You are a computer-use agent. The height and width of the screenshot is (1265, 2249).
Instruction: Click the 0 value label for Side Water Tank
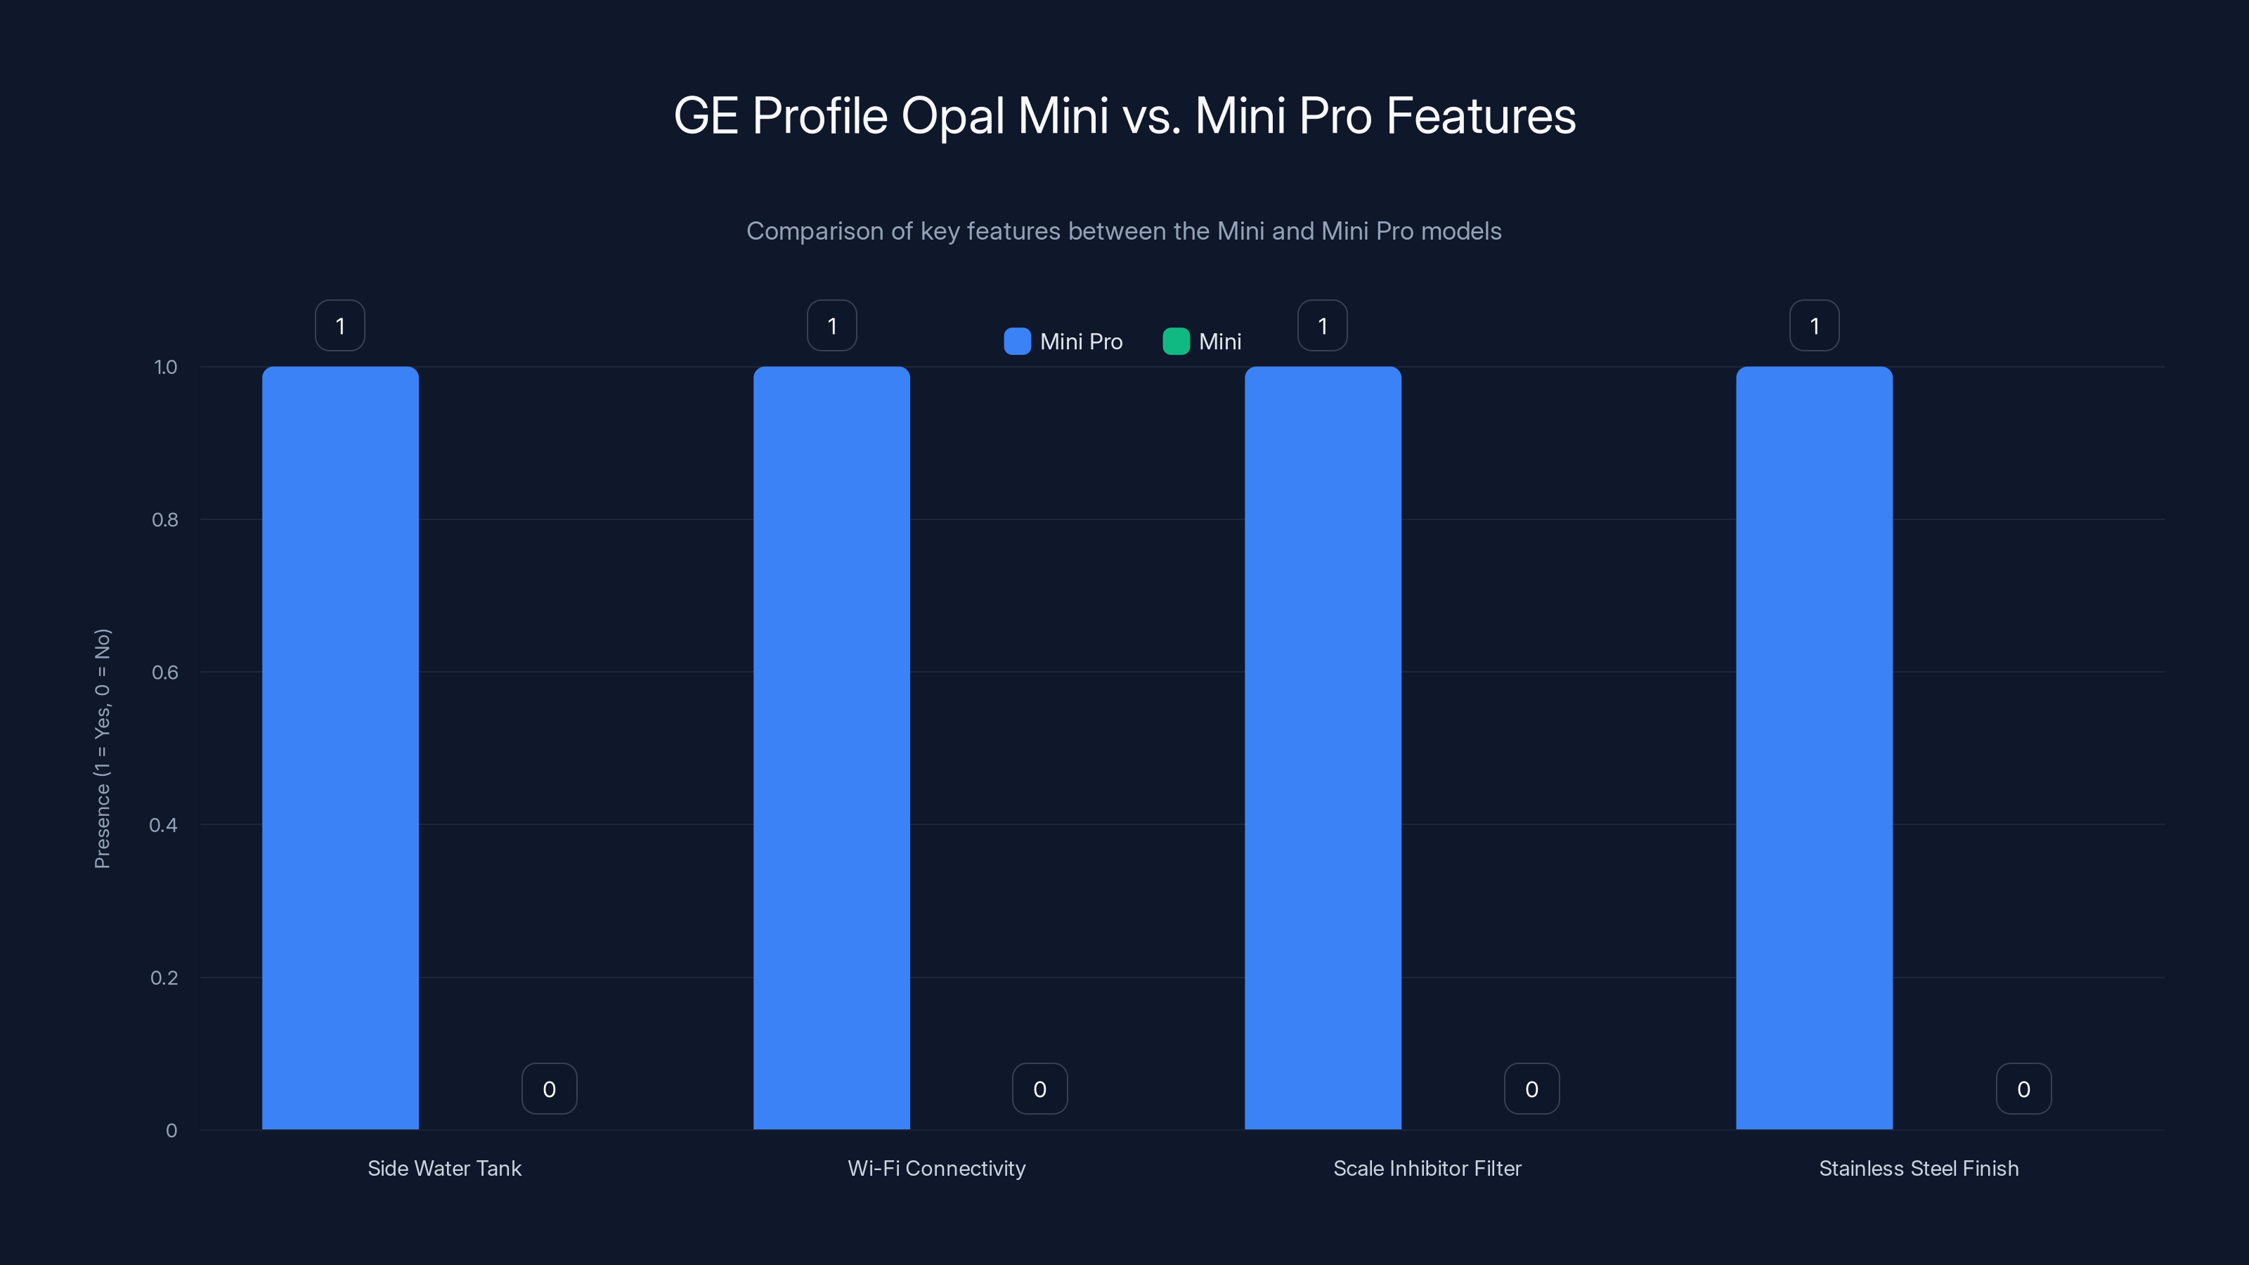click(549, 1089)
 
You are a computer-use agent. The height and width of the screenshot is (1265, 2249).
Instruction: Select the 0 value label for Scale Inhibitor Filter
click(1531, 1089)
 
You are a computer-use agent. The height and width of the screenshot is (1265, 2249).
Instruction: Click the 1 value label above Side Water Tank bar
click(339, 325)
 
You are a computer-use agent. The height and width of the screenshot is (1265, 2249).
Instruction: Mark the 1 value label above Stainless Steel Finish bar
click(1814, 325)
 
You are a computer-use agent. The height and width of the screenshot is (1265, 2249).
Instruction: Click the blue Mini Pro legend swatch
click(1017, 342)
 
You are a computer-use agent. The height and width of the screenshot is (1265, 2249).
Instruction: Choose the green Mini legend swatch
click(1176, 342)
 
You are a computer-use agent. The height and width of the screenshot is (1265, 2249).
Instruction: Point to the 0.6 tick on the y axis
click(165, 673)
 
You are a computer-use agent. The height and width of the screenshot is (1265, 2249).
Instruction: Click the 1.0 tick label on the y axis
click(165, 368)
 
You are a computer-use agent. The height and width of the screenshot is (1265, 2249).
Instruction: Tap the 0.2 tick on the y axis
click(164, 978)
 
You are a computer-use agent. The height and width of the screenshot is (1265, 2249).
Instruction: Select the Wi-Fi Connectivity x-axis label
click(937, 1168)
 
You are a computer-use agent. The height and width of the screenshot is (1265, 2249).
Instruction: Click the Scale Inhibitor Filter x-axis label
click(1427, 1168)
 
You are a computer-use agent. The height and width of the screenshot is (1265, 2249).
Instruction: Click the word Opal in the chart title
click(952, 116)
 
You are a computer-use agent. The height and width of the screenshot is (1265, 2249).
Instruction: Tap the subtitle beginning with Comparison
click(1124, 231)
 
